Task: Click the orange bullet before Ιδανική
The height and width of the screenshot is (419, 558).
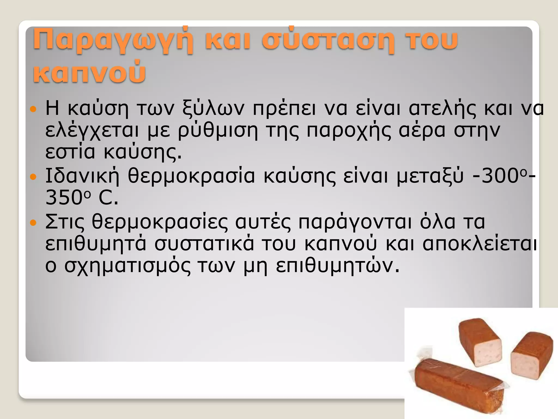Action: point(33,177)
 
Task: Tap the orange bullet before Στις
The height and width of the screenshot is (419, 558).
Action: point(33,223)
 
